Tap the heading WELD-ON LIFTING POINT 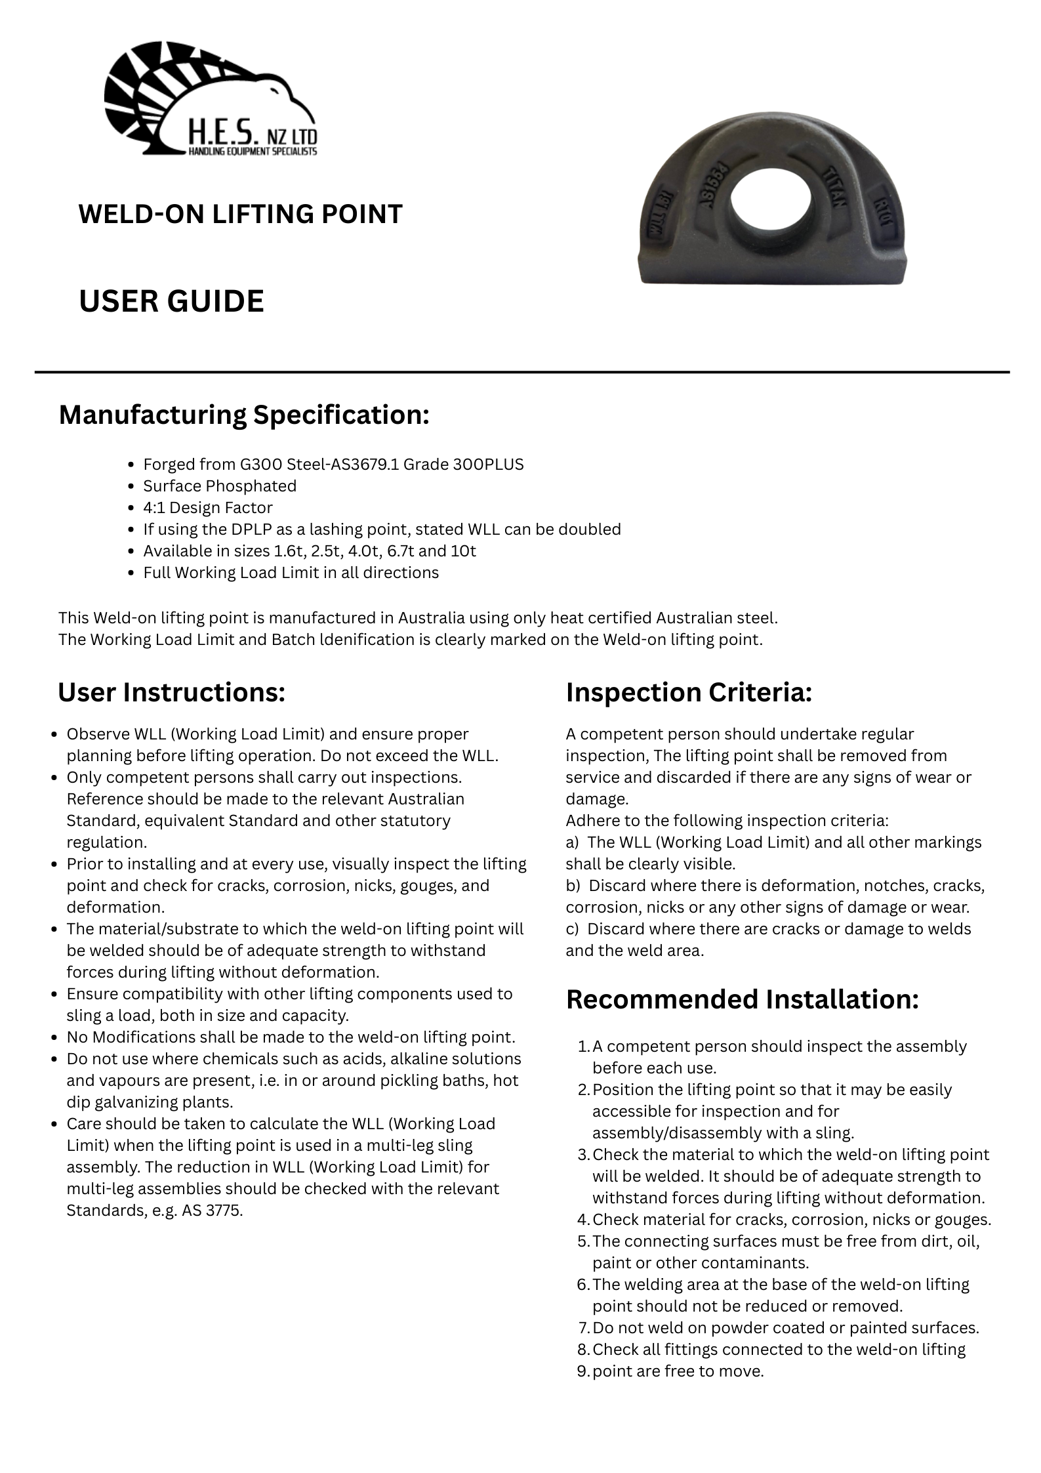tap(240, 215)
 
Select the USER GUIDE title tap(171, 301)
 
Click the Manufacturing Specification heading tap(244, 415)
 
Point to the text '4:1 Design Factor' tap(207, 508)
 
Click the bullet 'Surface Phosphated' tap(220, 486)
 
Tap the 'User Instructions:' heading tap(172, 692)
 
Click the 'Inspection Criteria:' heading tap(689, 692)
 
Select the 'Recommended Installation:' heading tap(742, 999)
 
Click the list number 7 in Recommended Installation tap(584, 1328)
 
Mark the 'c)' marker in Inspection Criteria tap(572, 929)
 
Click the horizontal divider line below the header tap(521, 373)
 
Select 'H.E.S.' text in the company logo tap(222, 134)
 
